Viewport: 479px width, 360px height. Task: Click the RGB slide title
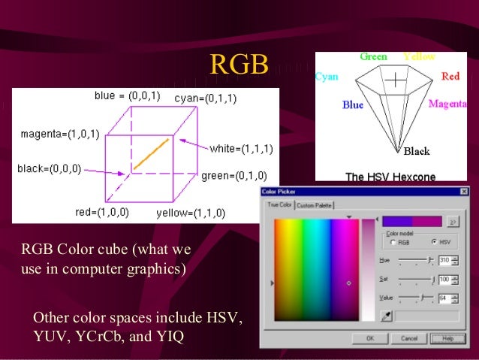239,65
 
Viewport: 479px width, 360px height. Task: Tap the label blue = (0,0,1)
127,96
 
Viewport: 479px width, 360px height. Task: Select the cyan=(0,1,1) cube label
207,98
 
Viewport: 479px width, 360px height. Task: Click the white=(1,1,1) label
241,148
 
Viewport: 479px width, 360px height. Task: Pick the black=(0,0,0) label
50,169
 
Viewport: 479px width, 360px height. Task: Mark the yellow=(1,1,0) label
191,213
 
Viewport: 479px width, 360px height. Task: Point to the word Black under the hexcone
416,152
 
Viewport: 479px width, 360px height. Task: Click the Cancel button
410,339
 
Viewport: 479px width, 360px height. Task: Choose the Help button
447,339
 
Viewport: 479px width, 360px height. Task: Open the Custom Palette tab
315,205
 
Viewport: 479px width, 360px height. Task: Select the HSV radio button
433,242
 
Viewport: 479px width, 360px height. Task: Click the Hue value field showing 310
444,260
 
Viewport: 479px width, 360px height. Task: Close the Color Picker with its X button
463,192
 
